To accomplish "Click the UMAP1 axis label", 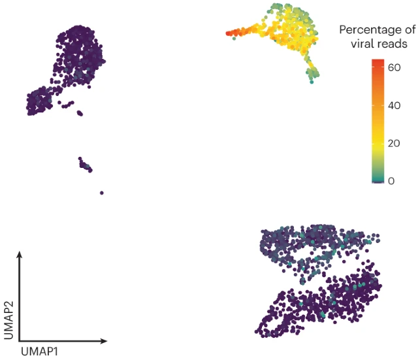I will (42, 351).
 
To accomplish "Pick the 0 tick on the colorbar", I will (391, 180).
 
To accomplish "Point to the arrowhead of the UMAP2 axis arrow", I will (20, 254).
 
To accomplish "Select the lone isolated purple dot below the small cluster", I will (102, 193).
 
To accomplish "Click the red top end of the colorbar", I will (378, 61).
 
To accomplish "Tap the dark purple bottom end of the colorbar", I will (378, 182).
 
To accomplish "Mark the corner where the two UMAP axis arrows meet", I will (20, 340).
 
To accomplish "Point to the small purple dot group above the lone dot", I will (85, 165).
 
